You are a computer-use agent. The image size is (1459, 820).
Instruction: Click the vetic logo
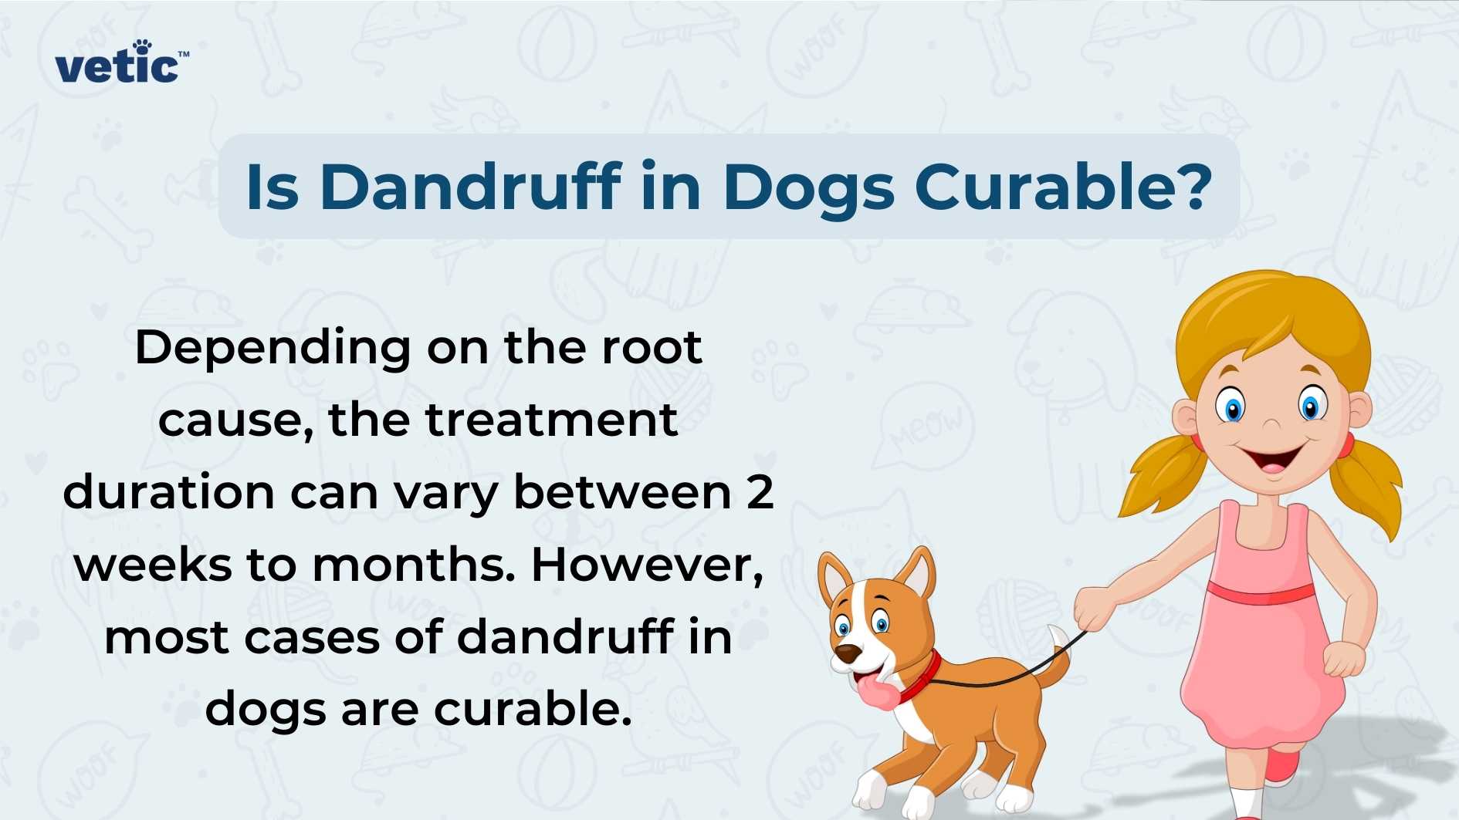(x=120, y=62)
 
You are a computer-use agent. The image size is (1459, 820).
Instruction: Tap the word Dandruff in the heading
(x=470, y=187)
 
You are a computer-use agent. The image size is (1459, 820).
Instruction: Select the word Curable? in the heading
(x=1063, y=187)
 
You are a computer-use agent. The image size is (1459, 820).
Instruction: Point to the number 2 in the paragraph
(x=760, y=491)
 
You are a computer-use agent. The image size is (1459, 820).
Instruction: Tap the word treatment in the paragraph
(x=552, y=420)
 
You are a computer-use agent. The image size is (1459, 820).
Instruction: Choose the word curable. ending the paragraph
(x=533, y=708)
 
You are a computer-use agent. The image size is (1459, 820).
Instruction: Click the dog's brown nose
(x=848, y=654)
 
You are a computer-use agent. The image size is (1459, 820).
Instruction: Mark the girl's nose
(x=1271, y=423)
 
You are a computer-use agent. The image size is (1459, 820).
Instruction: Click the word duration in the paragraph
(x=168, y=492)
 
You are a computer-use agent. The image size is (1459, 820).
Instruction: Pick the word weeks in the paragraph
(x=153, y=565)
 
